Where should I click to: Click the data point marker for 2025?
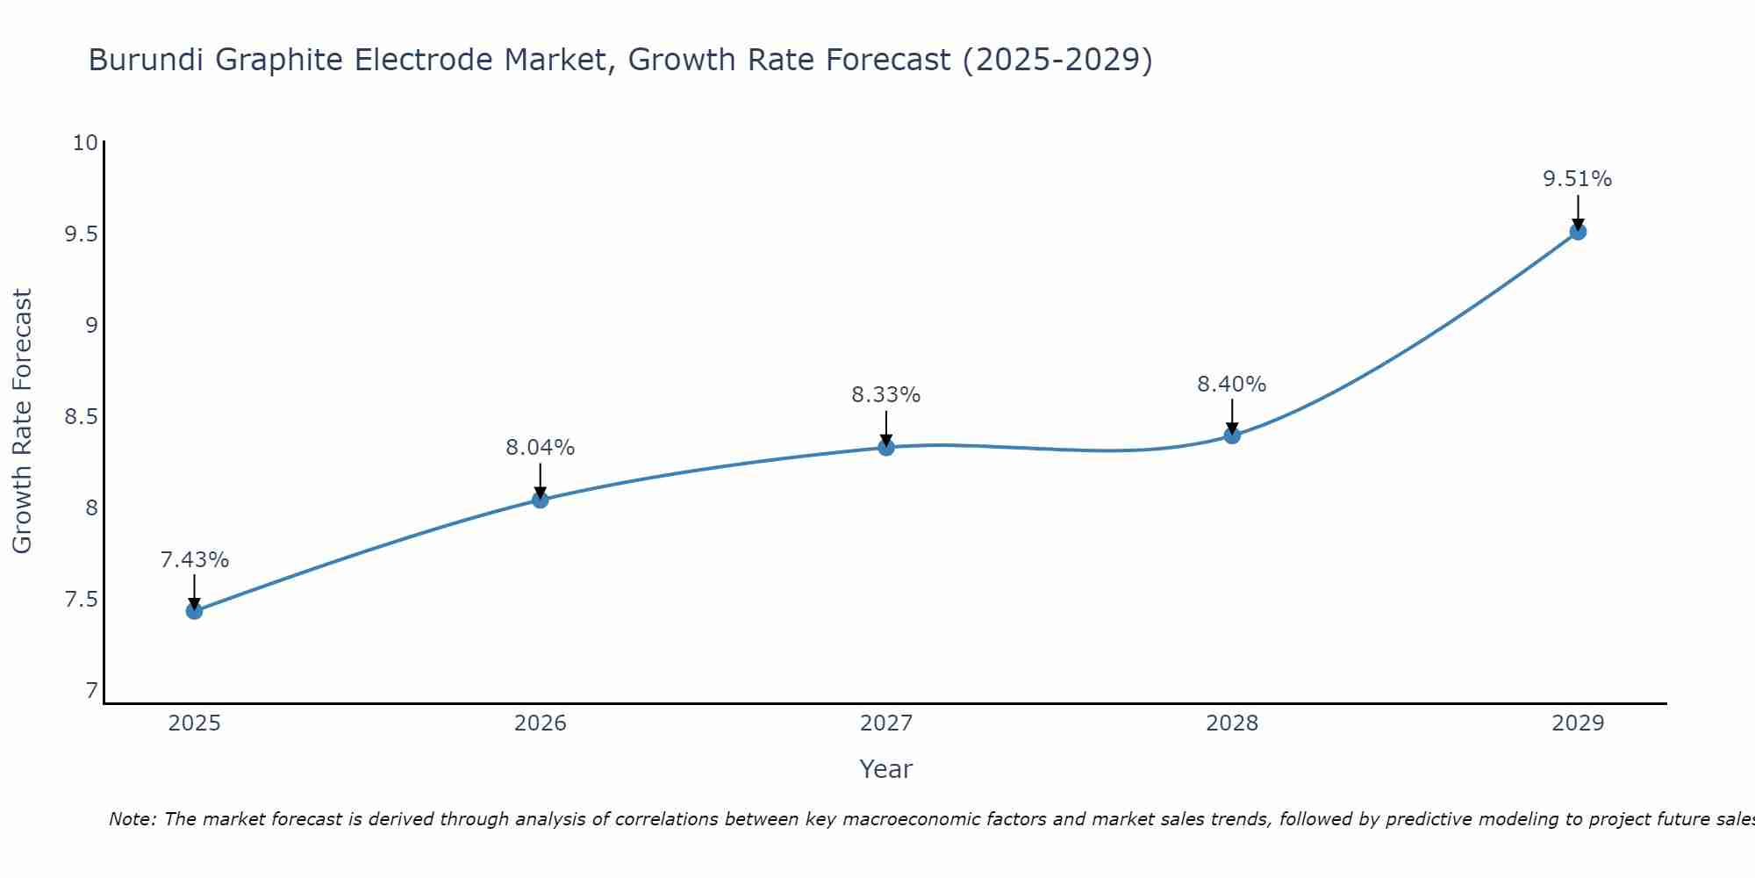194,611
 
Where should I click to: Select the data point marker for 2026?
540,500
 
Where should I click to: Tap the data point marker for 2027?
886,447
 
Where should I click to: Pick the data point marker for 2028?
1232,435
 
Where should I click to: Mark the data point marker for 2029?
1578,232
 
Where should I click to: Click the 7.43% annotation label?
195,560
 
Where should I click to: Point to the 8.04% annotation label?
540,448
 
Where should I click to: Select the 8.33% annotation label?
886,395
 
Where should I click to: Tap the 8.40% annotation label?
1232,385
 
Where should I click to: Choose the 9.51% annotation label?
1578,179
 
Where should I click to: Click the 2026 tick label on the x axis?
540,723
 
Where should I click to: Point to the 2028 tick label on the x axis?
1232,723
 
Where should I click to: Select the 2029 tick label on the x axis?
1578,723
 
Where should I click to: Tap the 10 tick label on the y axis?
85,142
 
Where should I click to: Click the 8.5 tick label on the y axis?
80,416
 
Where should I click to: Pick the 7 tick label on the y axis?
91,691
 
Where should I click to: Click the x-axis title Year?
886,769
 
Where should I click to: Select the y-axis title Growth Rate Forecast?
22,421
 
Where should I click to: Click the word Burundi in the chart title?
147,60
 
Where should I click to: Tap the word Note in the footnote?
132,819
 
